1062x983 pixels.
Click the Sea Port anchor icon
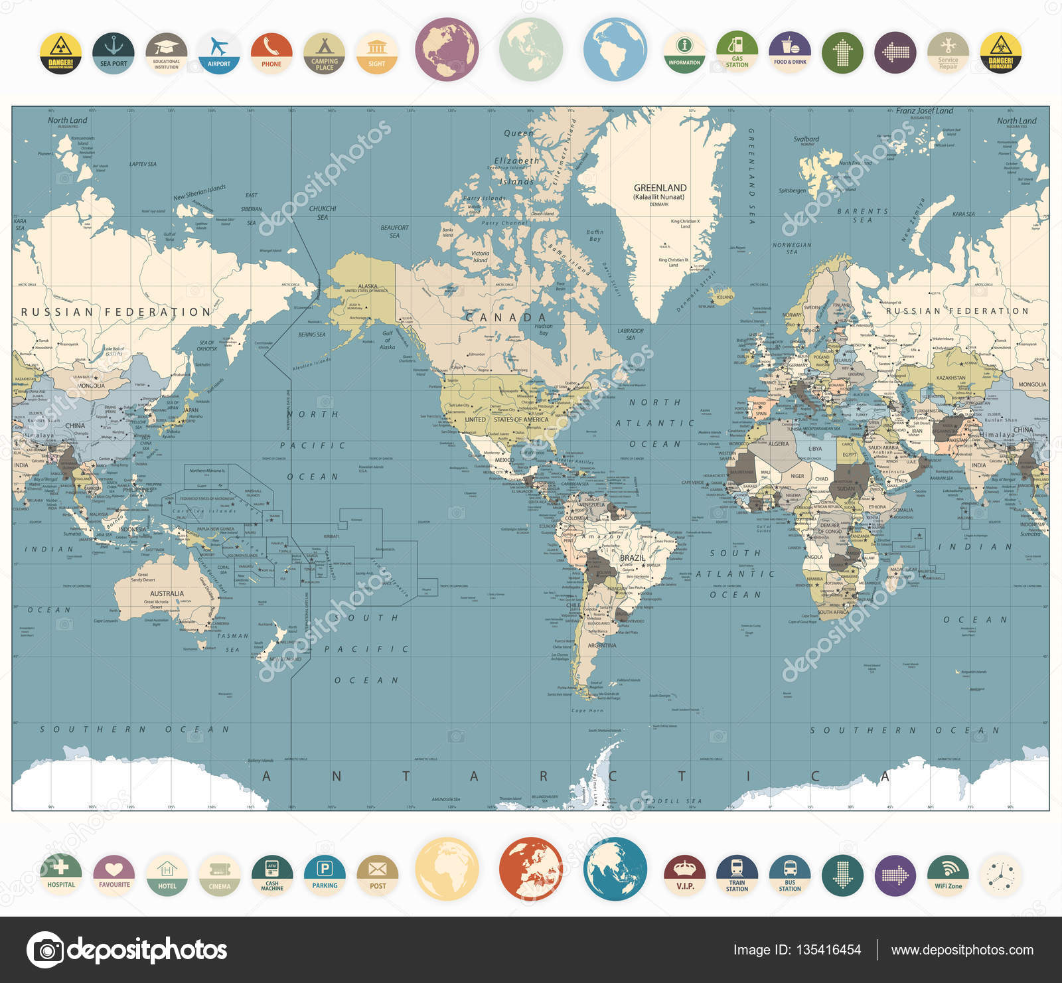coord(114,53)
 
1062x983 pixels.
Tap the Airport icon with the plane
coord(219,53)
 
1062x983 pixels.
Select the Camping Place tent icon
coord(325,53)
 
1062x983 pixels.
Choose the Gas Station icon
coord(737,53)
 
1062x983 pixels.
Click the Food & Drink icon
coord(790,53)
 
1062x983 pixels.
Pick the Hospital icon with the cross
coord(61,874)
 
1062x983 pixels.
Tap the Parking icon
coord(325,874)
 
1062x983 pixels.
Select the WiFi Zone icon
coord(948,874)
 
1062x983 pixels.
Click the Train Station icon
coord(737,874)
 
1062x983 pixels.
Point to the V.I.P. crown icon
coord(684,874)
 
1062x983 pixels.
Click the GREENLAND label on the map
coord(660,188)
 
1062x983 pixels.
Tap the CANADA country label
coord(506,317)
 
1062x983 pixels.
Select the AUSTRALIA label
coord(167,593)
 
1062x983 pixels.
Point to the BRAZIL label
coord(632,558)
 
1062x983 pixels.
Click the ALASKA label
coord(368,286)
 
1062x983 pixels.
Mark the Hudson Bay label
coord(544,329)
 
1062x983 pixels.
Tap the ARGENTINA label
coord(602,645)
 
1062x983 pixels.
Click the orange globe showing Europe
coord(530,869)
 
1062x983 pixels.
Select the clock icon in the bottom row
coord(1000,874)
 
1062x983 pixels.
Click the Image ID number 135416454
coord(829,950)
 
